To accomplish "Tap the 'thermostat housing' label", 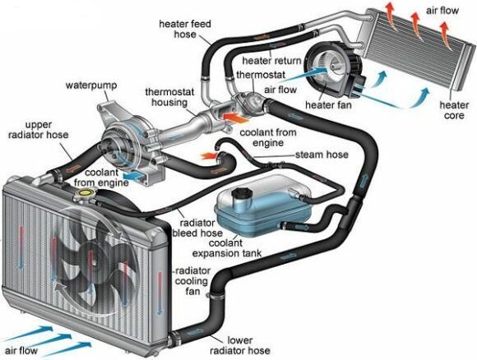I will (x=169, y=97).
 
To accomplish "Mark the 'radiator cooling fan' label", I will (x=194, y=280).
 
